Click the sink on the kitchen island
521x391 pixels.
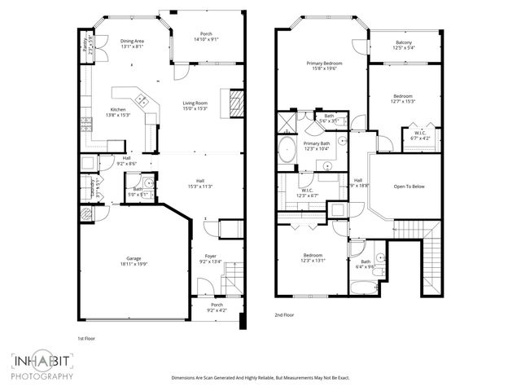pos(142,102)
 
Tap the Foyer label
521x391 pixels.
pos(211,258)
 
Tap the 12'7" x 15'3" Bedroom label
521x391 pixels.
pos(404,99)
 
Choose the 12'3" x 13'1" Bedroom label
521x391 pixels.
pos(313,257)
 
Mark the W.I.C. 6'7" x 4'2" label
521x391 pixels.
pos(420,135)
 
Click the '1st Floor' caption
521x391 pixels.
pos(87,338)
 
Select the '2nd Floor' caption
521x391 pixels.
pos(285,314)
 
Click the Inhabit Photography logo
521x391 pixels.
pos(42,366)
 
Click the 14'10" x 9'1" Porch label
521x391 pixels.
pos(206,37)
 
